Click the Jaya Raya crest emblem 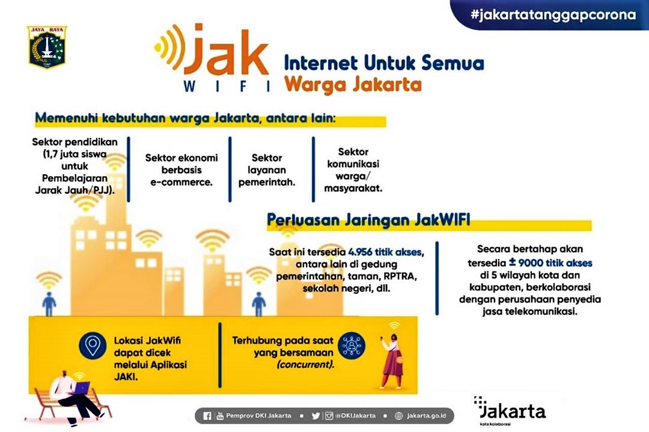tap(47, 46)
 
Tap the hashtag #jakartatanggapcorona tap(553, 15)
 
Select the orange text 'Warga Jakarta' tap(353, 84)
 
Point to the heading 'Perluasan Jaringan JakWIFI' tap(368, 220)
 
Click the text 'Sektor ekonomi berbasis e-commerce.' tap(181, 169)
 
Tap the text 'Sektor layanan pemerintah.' tap(267, 169)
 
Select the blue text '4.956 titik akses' tap(385, 252)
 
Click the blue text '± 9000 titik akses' tap(550, 263)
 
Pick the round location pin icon tap(93, 345)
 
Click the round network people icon tap(352, 345)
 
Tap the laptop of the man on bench tap(82, 388)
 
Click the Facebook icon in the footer tap(207, 415)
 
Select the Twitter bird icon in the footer tap(316, 415)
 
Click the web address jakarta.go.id tap(426, 415)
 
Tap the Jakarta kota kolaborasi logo tap(510, 411)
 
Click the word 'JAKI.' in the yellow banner tap(126, 377)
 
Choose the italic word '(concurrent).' tap(305, 365)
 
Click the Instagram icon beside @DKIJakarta tap(329, 415)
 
